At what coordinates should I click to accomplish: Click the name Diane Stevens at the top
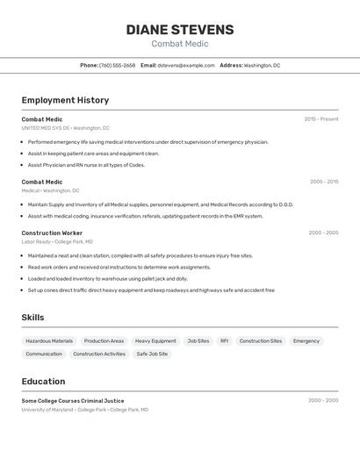pyautogui.click(x=180, y=30)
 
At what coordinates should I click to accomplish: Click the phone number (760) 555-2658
pyautogui.click(x=117, y=65)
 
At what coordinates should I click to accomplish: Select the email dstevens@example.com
pyautogui.click(x=186, y=65)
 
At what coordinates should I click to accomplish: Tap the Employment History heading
pyautogui.click(x=65, y=100)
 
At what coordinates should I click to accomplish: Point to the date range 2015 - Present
pyautogui.click(x=321, y=119)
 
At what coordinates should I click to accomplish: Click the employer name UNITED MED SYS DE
pyautogui.click(x=46, y=128)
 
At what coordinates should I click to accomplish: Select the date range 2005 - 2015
pyautogui.click(x=324, y=182)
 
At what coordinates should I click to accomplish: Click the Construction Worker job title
pyautogui.click(x=52, y=232)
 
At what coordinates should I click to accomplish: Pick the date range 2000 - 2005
pyautogui.click(x=323, y=232)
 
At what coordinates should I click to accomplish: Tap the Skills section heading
pyautogui.click(x=32, y=318)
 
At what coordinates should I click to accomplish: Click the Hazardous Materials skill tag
pyautogui.click(x=49, y=340)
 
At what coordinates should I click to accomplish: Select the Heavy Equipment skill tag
pyautogui.click(x=155, y=340)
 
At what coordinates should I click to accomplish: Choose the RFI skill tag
pyautogui.click(x=224, y=340)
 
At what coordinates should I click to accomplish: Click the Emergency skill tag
pyautogui.click(x=306, y=340)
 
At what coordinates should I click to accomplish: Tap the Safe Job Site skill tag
pyautogui.click(x=152, y=354)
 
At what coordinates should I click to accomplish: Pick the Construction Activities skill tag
pyautogui.click(x=99, y=354)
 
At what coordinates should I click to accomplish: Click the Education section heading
pyautogui.click(x=43, y=382)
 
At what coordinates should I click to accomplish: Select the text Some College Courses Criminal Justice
pyautogui.click(x=73, y=400)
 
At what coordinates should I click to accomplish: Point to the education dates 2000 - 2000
pyautogui.click(x=323, y=400)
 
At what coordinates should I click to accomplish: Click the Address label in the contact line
pyautogui.click(x=231, y=65)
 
